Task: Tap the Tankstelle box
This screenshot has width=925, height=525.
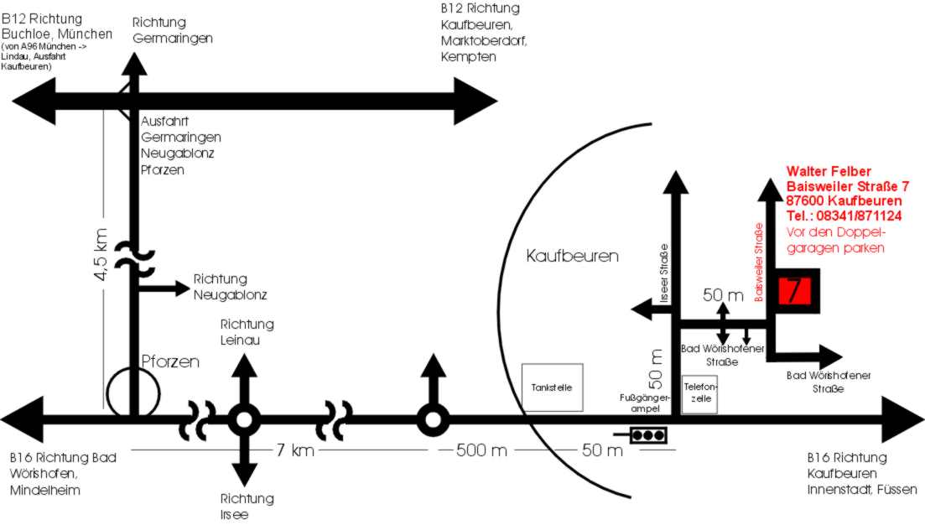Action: click(552, 387)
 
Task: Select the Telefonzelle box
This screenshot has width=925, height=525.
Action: click(699, 393)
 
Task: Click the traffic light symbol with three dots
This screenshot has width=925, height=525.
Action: click(647, 435)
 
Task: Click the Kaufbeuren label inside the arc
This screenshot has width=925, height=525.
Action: click(571, 255)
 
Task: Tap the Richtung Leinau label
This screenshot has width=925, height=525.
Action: click(247, 332)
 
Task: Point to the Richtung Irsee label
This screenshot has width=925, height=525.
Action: click(247, 506)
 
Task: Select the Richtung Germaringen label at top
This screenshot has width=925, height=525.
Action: click(173, 30)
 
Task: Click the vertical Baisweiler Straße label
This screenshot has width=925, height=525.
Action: click(759, 262)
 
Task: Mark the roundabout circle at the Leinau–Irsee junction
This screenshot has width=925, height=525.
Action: click(244, 418)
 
